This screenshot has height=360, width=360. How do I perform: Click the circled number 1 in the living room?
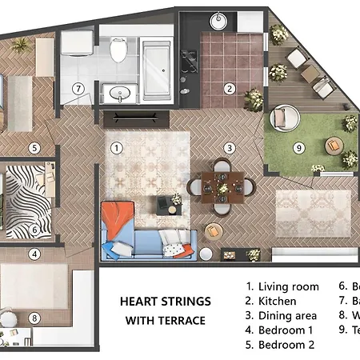point(117,147)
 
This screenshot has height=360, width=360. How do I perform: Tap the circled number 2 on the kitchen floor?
point(229,89)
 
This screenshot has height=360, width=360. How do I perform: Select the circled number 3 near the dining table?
point(229,147)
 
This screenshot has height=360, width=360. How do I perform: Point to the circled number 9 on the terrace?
point(298,147)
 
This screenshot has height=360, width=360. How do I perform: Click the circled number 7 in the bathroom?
point(78,89)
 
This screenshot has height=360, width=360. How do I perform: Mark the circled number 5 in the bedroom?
point(34,147)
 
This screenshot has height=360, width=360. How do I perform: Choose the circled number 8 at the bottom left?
point(34,318)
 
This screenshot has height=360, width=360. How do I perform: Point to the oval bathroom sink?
point(121,94)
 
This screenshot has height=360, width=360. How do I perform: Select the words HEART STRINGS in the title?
point(165,302)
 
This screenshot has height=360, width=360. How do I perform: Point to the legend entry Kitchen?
point(277,302)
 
